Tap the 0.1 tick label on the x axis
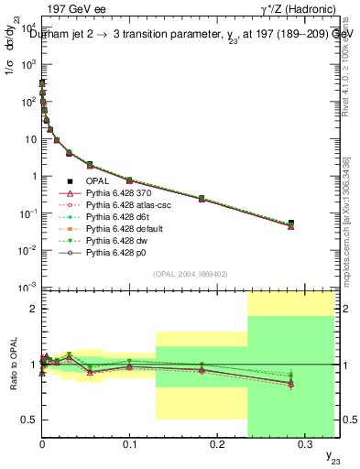129,443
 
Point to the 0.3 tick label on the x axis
304,443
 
